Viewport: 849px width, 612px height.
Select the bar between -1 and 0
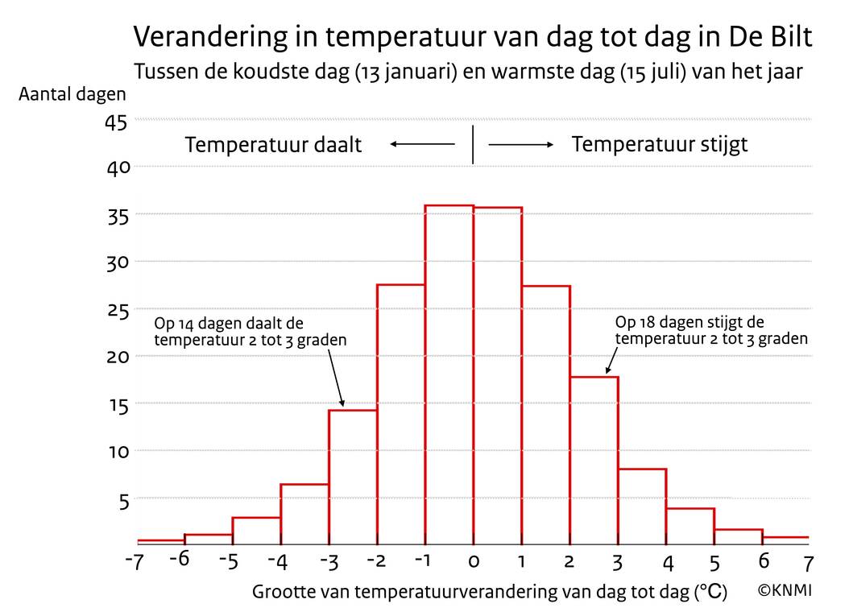[x=449, y=374]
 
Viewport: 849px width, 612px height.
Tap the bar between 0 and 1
[x=498, y=375]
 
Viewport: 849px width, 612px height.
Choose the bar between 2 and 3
[x=594, y=460]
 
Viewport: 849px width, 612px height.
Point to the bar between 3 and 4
[x=643, y=506]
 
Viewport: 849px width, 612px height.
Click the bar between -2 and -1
[x=401, y=414]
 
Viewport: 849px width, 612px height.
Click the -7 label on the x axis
[x=134, y=561]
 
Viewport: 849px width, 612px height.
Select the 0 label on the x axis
[x=474, y=561]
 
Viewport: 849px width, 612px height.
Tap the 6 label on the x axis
[x=763, y=560]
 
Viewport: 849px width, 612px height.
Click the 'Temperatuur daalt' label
[x=273, y=146]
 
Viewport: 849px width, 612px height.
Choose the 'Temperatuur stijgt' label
[x=660, y=145]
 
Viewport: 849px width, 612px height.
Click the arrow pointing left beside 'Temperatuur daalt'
[x=423, y=144]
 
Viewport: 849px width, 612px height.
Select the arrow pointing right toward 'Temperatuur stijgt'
[x=521, y=144]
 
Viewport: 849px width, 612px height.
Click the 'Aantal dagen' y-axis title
[x=72, y=94]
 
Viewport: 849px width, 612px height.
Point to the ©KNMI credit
[x=785, y=590]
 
